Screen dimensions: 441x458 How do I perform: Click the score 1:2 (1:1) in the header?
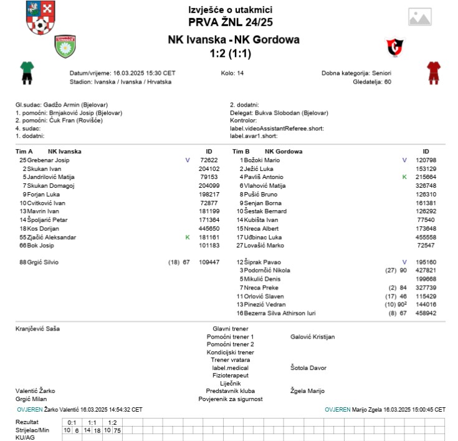[234, 54]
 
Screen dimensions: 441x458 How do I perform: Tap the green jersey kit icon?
[26, 72]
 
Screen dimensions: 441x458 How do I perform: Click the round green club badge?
[65, 47]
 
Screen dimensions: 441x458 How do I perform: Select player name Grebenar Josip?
[49, 160]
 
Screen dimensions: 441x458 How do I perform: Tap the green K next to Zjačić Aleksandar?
[188, 237]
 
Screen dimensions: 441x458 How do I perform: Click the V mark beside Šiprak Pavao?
[404, 262]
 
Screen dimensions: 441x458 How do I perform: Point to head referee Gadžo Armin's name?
[62, 105]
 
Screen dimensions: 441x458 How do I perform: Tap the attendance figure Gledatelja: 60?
[371, 81]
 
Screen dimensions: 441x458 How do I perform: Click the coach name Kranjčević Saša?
[38, 328]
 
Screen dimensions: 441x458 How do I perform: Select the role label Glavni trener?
[230, 328]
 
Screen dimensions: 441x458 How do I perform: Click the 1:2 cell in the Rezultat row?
[112, 422]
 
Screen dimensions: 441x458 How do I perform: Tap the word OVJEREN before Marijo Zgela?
[338, 409]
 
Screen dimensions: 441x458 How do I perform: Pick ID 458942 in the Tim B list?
[426, 313]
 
